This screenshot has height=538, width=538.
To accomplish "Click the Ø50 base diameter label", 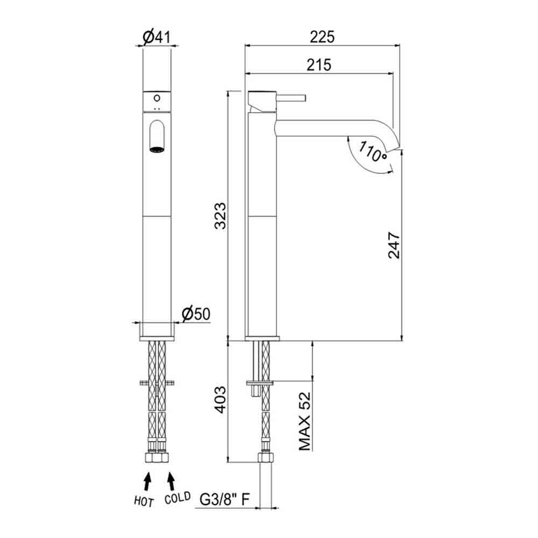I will point(195,313).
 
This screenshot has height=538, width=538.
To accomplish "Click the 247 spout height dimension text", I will point(394,245).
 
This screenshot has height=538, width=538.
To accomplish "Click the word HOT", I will point(144,501).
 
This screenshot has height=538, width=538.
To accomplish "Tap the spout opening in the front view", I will point(157,149).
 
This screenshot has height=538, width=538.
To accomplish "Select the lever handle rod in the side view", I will point(291,98).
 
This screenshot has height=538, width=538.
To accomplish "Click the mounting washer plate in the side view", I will point(260,383).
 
